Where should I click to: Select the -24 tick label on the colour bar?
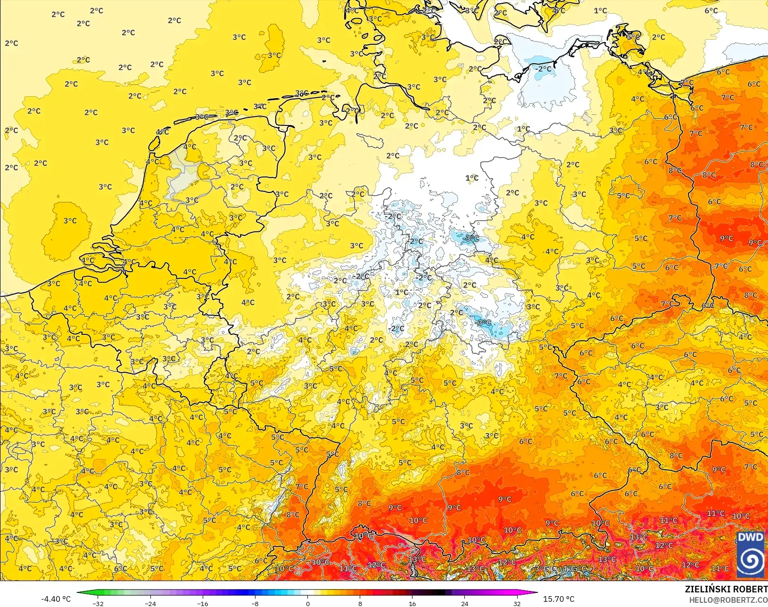(x=150, y=603)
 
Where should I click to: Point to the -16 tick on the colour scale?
(x=202, y=603)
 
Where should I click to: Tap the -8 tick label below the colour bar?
(x=255, y=603)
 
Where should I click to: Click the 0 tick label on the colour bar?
(x=308, y=603)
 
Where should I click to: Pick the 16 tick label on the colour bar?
(x=412, y=603)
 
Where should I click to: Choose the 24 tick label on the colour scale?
(x=464, y=603)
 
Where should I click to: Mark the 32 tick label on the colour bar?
(x=517, y=603)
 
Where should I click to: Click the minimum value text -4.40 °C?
(x=56, y=599)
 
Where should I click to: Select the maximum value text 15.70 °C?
(x=559, y=599)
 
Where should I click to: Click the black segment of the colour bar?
(x=438, y=592)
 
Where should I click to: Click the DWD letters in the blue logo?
(x=750, y=537)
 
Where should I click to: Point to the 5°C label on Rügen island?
(x=633, y=36)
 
